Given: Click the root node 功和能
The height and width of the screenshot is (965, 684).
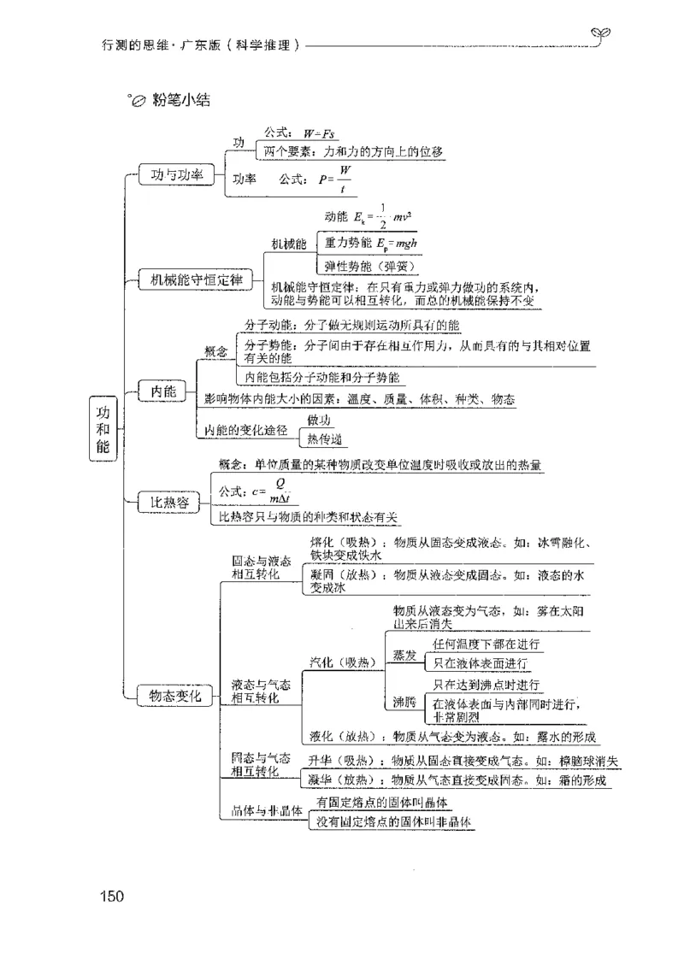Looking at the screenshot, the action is click(103, 428).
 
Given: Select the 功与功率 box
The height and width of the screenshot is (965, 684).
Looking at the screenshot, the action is click(176, 175).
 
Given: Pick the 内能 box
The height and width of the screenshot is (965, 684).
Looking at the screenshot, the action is click(162, 391).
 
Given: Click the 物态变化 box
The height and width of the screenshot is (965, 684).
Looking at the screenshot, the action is click(174, 697).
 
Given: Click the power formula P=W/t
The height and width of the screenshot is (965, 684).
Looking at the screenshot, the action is click(336, 180).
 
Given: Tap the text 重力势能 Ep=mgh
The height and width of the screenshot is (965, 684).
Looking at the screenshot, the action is click(371, 243).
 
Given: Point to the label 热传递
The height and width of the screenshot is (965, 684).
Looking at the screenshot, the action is click(324, 439).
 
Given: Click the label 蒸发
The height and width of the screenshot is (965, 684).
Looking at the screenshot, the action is click(404, 655).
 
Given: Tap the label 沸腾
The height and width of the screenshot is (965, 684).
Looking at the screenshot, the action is click(404, 703).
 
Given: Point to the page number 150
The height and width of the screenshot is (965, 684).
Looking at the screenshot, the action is click(112, 897).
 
